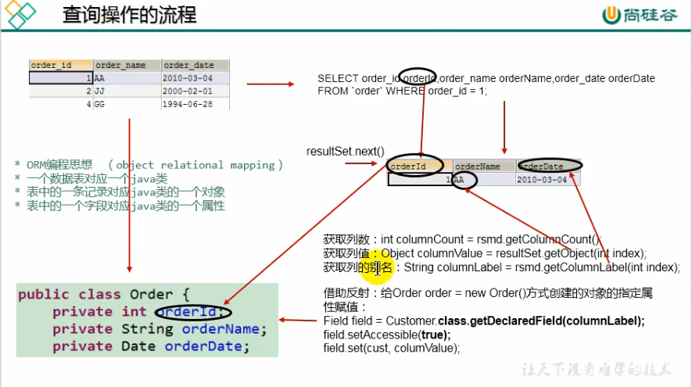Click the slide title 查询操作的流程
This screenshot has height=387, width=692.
[x=129, y=15]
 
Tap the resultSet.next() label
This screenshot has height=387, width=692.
[x=346, y=151]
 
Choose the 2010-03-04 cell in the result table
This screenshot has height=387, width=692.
[x=547, y=179]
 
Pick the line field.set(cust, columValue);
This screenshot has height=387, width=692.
[x=391, y=347]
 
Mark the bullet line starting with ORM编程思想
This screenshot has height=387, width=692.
[x=149, y=165]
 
